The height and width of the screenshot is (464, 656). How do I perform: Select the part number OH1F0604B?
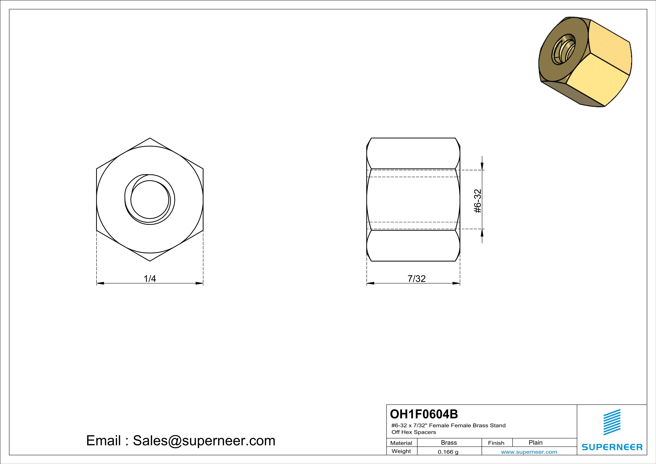point(424,414)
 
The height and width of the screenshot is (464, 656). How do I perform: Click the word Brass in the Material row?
point(449,442)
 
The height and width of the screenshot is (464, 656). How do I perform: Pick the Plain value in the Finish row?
point(535,442)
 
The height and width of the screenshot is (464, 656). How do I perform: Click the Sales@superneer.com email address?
point(204,441)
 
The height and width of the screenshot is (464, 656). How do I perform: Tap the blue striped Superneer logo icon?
point(612,422)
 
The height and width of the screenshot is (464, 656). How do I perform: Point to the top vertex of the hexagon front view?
point(150,138)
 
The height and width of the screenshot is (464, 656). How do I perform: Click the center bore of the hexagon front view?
point(150,199)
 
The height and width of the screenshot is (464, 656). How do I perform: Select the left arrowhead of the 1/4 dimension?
point(100,283)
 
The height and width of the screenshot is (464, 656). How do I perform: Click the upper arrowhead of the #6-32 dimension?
point(482,166)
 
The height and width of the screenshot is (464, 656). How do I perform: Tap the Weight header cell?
point(401,451)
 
